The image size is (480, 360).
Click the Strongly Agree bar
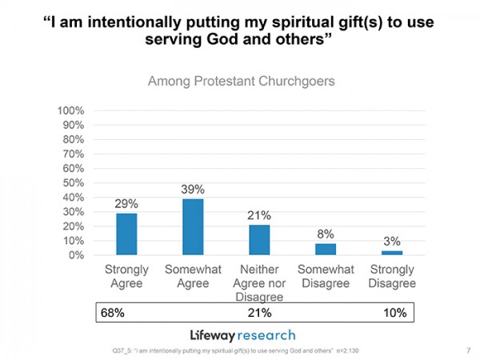coord(126,234)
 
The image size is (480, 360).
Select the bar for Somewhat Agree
coord(193,227)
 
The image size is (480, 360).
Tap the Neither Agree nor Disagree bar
coord(259,240)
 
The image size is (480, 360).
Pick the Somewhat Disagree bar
coord(326,249)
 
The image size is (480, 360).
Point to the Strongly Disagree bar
coord(392,253)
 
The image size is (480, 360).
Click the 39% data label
coord(193,190)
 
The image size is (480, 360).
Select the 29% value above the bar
coord(126,204)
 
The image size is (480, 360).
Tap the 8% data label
coord(326,234)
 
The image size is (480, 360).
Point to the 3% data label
coord(392,241)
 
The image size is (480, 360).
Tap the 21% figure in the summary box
coord(259,313)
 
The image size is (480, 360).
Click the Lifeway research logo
coord(242,334)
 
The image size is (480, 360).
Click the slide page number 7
coord(466,350)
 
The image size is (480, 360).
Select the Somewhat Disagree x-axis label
coord(326,277)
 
